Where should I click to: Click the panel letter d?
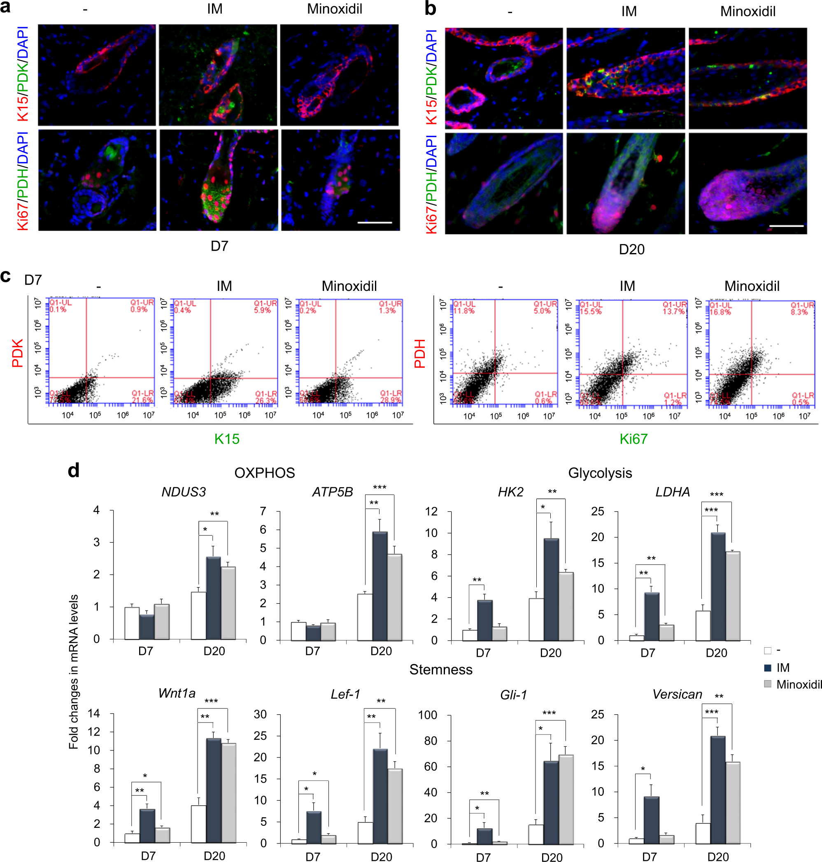point(74,471)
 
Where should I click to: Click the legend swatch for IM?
point(767,667)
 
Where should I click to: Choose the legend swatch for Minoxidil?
point(767,684)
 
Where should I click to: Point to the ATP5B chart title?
point(332,493)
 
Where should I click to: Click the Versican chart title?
point(677,694)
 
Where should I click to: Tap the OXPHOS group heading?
point(264,473)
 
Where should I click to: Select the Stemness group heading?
point(441,670)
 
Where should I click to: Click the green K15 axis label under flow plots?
point(226,439)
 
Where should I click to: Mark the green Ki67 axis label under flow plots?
point(633,439)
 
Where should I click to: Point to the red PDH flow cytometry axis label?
point(420,353)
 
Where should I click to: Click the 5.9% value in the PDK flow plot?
point(263,310)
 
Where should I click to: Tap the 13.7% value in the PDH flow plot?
point(673,311)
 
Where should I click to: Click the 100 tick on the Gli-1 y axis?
point(427,715)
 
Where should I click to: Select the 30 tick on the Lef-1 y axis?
point(260,714)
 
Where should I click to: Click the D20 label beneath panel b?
point(631,250)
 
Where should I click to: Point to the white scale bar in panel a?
point(375,223)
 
